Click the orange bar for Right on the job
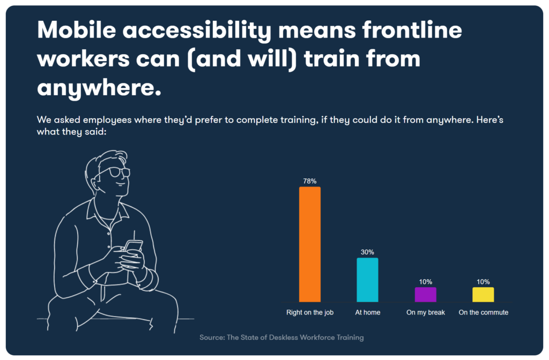click(x=309, y=244)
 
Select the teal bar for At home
click(x=367, y=280)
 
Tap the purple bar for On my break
click(x=425, y=294)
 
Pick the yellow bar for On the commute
click(x=483, y=294)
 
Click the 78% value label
click(x=309, y=181)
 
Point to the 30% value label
click(x=367, y=252)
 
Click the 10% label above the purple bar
click(x=425, y=282)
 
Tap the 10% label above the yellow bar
click(x=483, y=282)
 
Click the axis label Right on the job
click(x=310, y=312)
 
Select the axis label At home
click(x=367, y=312)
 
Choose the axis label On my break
click(x=426, y=312)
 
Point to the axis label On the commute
click(x=483, y=312)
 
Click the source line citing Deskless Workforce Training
click(x=281, y=337)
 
